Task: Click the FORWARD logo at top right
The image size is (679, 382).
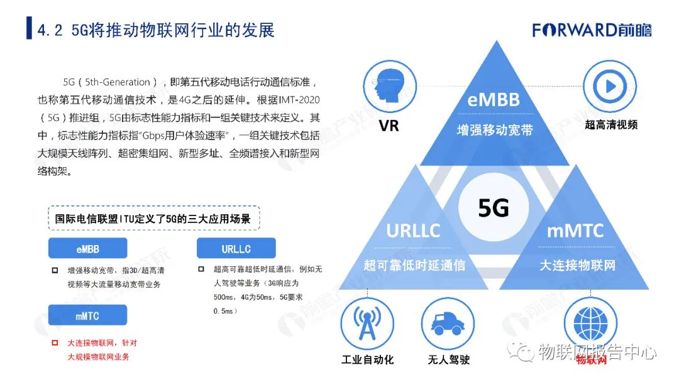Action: (x=593, y=30)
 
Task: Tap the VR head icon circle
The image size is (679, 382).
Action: (x=390, y=87)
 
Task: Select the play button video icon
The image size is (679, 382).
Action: (x=610, y=87)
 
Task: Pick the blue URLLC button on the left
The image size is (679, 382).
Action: (x=236, y=249)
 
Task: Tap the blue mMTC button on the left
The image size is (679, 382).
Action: (x=88, y=315)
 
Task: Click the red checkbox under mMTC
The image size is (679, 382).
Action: (x=55, y=343)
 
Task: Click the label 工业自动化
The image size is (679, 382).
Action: (x=367, y=360)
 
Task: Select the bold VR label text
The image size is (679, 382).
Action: (x=389, y=126)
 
